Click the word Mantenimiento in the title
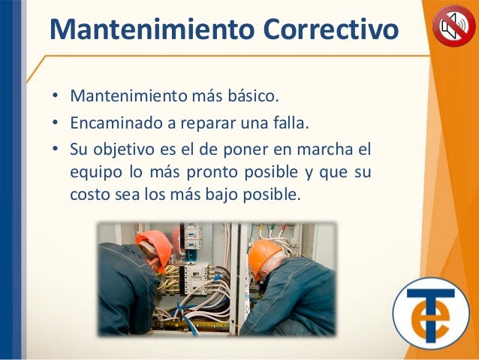click(152, 29)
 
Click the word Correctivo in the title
click(331, 29)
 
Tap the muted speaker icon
click(454, 26)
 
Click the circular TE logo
click(431, 313)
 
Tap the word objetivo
click(124, 150)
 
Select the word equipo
click(96, 173)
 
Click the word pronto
click(212, 173)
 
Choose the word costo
click(90, 195)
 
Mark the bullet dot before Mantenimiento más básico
click(55, 95)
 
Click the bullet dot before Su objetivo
click(55, 149)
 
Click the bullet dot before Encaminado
click(55, 123)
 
